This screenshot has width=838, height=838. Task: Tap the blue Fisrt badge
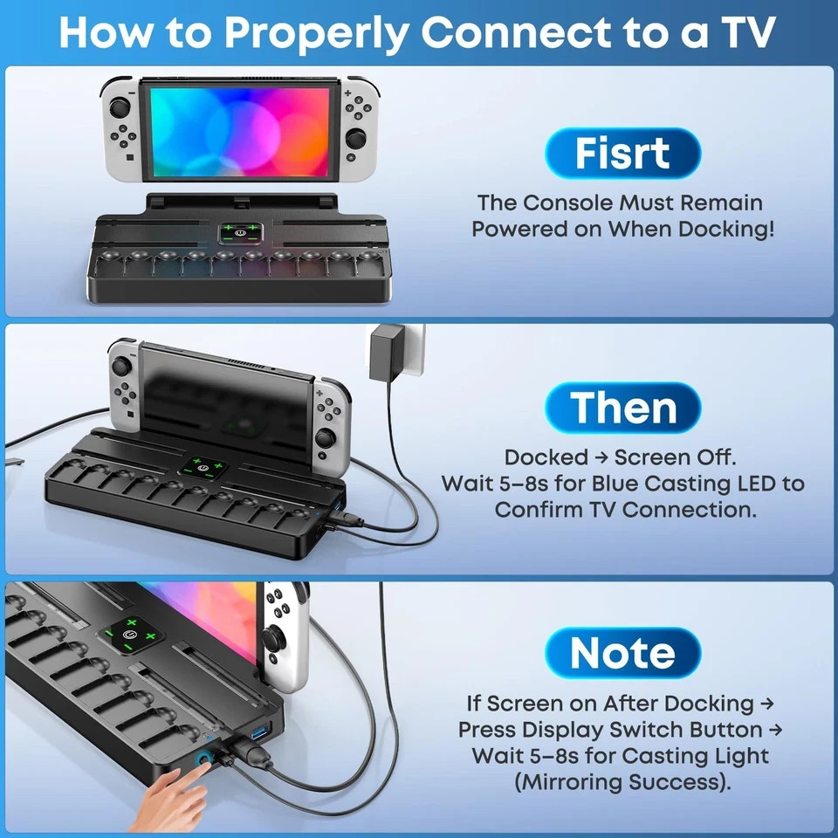click(x=622, y=154)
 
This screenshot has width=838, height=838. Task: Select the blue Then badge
click(x=623, y=408)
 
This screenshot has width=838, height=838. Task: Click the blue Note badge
click(x=622, y=653)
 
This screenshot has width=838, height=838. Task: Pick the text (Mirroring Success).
click(x=622, y=781)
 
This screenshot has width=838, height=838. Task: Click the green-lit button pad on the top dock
click(x=238, y=233)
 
